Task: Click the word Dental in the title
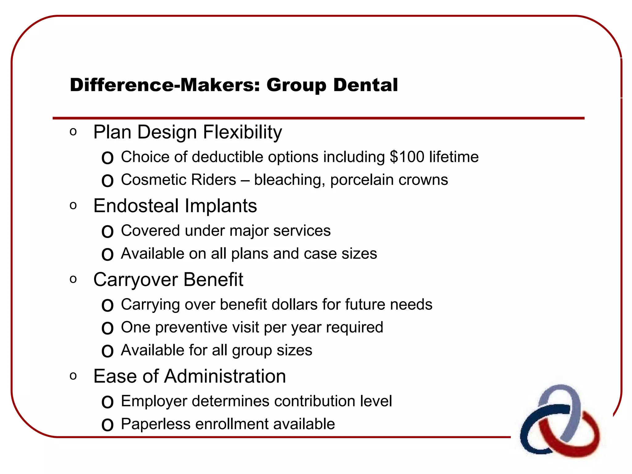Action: pyautogui.click(x=365, y=85)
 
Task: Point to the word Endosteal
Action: pyautogui.click(x=136, y=206)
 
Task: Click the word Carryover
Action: pyautogui.click(x=136, y=280)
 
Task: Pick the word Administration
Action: pyautogui.click(x=225, y=376)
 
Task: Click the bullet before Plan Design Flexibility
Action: pyautogui.click(x=73, y=132)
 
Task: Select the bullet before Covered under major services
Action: pyautogui.click(x=107, y=231)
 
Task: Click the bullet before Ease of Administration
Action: pyautogui.click(x=73, y=376)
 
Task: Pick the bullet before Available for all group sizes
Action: pyautogui.click(x=107, y=351)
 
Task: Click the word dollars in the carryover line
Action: pyautogui.click(x=294, y=305)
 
